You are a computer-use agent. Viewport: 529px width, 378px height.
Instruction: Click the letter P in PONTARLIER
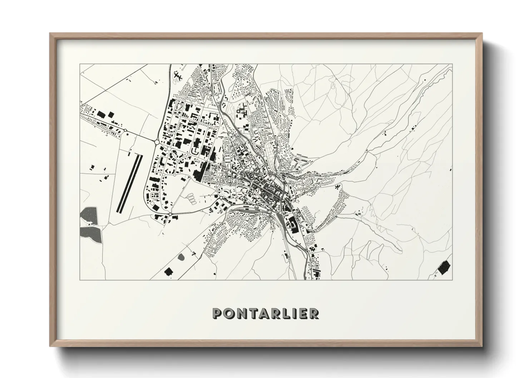pos(218,313)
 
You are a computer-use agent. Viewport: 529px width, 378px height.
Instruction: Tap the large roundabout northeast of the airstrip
pos(157,142)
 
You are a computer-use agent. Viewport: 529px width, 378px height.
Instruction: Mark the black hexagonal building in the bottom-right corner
pos(444,268)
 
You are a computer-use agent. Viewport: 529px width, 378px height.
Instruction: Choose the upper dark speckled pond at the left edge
pos(89,215)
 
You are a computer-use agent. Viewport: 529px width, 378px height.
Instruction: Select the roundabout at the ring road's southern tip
pos(170,214)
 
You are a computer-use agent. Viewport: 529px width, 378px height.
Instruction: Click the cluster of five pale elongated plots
pos(192,198)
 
